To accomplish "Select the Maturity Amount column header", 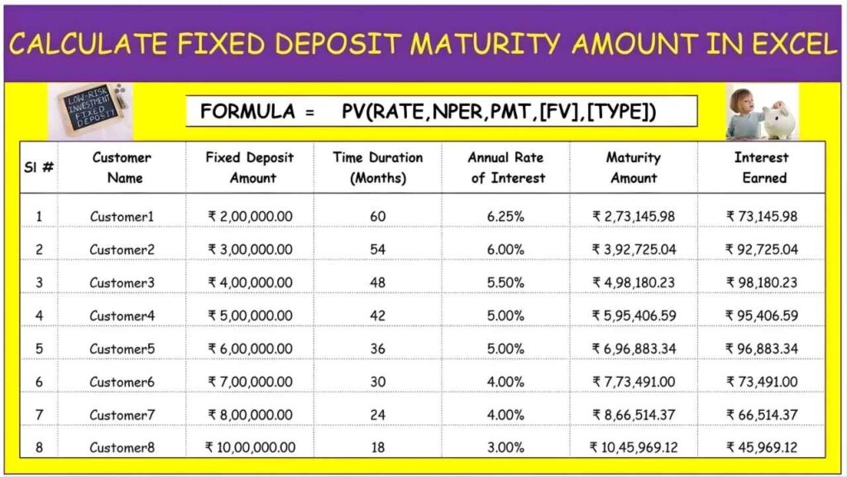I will [634, 167].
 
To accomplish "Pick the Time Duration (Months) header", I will [378, 167].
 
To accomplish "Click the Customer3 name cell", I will [122, 282].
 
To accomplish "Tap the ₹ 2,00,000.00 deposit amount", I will [250, 216].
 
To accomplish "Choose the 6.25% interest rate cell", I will [505, 216].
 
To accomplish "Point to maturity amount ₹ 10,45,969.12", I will [634, 447].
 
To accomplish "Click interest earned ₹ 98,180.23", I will [761, 282].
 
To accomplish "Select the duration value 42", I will [378, 316].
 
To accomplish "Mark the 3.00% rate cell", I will [505, 447].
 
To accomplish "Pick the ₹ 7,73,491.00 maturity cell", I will [634, 382].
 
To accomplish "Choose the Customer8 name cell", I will [122, 447].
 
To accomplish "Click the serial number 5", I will [39, 349].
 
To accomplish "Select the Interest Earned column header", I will [761, 167].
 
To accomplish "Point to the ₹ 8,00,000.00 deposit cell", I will [250, 415].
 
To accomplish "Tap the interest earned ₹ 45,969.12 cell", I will [761, 447].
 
